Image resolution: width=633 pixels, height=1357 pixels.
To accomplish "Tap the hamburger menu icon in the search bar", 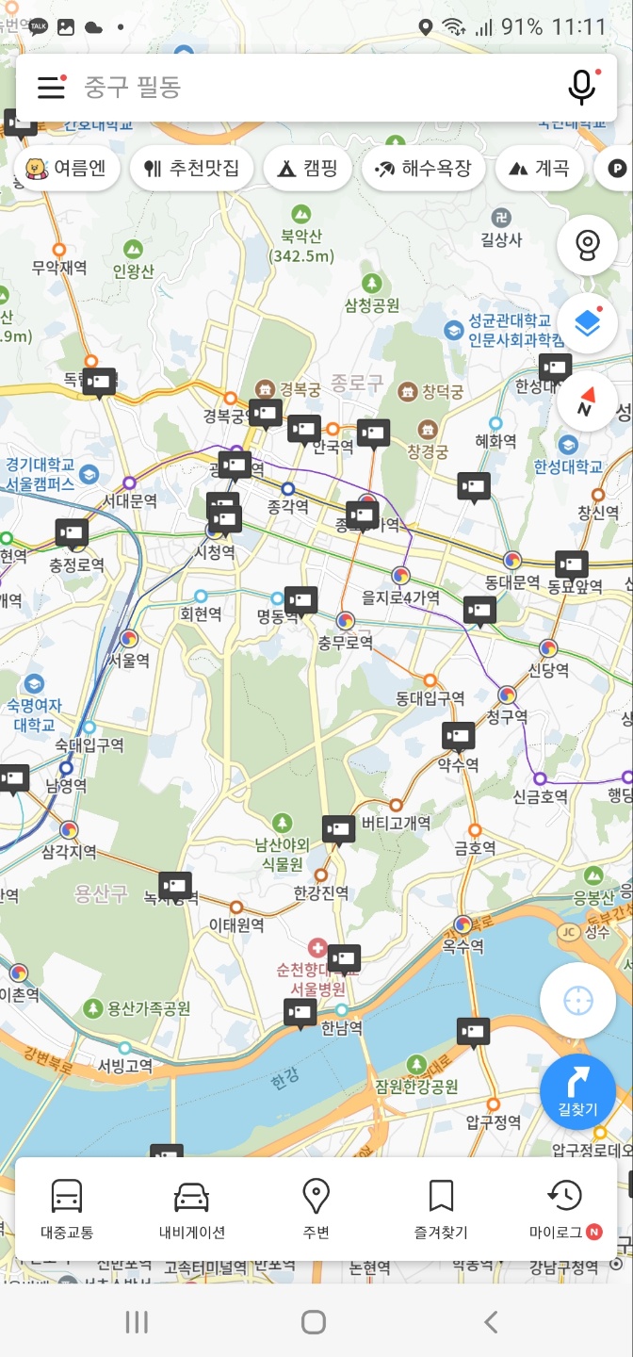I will pyautogui.click(x=51, y=87).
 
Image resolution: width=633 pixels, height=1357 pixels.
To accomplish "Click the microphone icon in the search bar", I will pyautogui.click(x=582, y=87).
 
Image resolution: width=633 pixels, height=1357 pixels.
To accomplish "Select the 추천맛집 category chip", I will pyautogui.click(x=192, y=169).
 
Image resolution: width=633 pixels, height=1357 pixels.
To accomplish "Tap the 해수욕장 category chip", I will pyautogui.click(x=423, y=169).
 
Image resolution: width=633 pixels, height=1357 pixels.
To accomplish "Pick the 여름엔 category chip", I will pyautogui.click(x=65, y=169).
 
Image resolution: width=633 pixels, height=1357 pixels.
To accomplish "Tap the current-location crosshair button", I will pyautogui.click(x=577, y=1000).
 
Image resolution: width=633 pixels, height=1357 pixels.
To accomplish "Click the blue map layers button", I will pyautogui.click(x=587, y=323).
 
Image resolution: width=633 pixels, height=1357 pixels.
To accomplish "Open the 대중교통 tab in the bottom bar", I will pyautogui.click(x=67, y=1208).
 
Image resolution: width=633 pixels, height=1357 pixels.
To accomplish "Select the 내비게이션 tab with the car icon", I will pyautogui.click(x=191, y=1208).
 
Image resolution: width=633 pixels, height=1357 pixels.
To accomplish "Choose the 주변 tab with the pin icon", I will pyautogui.click(x=316, y=1208).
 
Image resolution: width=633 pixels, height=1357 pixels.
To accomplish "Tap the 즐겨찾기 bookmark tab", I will pyautogui.click(x=440, y=1208).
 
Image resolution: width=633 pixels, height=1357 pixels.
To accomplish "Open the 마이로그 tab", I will pyautogui.click(x=564, y=1208).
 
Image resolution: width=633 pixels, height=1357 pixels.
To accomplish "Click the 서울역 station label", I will pyautogui.click(x=129, y=660).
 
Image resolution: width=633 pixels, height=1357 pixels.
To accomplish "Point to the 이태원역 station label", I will pyautogui.click(x=235, y=924).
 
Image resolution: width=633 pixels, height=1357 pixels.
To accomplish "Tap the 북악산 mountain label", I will pyautogui.click(x=300, y=244).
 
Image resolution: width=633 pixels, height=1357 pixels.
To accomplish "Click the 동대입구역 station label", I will pyautogui.click(x=430, y=697).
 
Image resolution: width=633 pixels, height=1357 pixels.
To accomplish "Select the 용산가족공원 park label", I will pyautogui.click(x=148, y=1008).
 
